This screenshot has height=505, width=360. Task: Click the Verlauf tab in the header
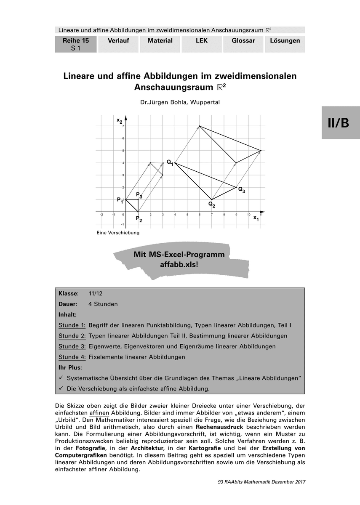[x=118, y=41]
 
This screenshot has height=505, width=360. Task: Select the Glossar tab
[x=243, y=41]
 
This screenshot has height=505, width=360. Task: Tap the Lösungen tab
[x=285, y=41]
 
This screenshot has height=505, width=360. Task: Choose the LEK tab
[x=202, y=41]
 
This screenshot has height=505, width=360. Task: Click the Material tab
[x=160, y=41]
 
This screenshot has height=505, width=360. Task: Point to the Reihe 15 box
[x=76, y=44]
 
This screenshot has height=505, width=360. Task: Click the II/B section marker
[x=338, y=122]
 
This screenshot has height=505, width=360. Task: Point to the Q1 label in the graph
[x=170, y=162]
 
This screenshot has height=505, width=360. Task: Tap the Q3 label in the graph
[x=241, y=190]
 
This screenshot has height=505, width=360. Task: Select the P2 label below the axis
[x=139, y=219]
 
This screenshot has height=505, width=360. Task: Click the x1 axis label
[x=256, y=218]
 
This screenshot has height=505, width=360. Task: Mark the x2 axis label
[x=120, y=120]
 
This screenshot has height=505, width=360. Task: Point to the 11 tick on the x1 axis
[x=261, y=215]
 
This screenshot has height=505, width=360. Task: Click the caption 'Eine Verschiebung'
[x=118, y=232]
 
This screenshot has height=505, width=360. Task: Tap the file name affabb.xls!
[x=179, y=265]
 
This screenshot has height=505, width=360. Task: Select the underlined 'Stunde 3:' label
[x=72, y=346]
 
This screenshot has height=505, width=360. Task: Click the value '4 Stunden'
[x=103, y=304]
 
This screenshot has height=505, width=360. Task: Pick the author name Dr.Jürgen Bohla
[x=165, y=102]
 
